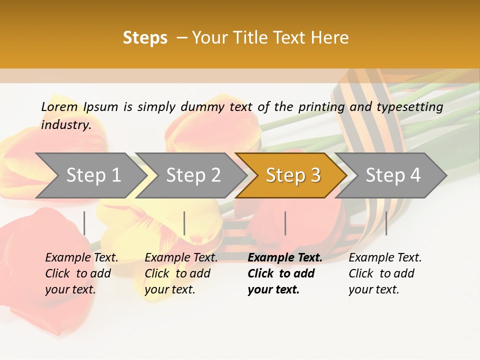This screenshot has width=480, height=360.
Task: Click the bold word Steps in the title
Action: coord(145,38)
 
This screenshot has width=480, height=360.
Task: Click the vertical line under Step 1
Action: coord(84,223)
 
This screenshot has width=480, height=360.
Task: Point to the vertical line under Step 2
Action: coord(184,223)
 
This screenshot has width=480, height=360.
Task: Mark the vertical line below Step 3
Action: coord(285,223)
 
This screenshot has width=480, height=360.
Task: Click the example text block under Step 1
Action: coord(81,273)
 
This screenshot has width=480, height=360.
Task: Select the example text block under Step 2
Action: coord(181,273)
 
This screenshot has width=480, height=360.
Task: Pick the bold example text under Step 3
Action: coord(284,273)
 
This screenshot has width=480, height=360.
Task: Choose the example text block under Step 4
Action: coord(385,273)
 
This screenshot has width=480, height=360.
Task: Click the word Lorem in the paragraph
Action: coord(59,106)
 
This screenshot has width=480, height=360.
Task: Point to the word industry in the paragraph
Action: coord(66,124)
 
